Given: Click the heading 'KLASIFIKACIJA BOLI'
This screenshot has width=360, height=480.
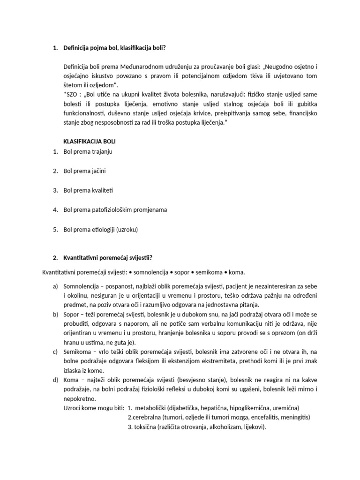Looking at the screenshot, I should pos(89,141).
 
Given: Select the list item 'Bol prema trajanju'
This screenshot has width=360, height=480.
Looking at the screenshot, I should pos(88,151).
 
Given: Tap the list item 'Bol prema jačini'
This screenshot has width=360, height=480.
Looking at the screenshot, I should pos(84,171).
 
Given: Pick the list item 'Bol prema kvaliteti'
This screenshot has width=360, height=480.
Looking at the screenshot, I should pos(88,190).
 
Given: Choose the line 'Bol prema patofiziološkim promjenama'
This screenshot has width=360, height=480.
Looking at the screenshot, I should pos(115,210).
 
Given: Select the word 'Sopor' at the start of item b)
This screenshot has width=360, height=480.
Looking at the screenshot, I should pos(71,314).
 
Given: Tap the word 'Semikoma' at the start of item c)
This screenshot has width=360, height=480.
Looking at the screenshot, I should pos(76,352).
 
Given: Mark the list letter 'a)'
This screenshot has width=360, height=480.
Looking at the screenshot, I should pos(55,286).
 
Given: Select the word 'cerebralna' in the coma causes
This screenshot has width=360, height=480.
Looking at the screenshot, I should pos(148,417).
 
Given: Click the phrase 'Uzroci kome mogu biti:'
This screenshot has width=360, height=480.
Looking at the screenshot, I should pos(93,408).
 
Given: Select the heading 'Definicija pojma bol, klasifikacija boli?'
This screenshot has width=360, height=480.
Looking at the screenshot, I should pos(114,47).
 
